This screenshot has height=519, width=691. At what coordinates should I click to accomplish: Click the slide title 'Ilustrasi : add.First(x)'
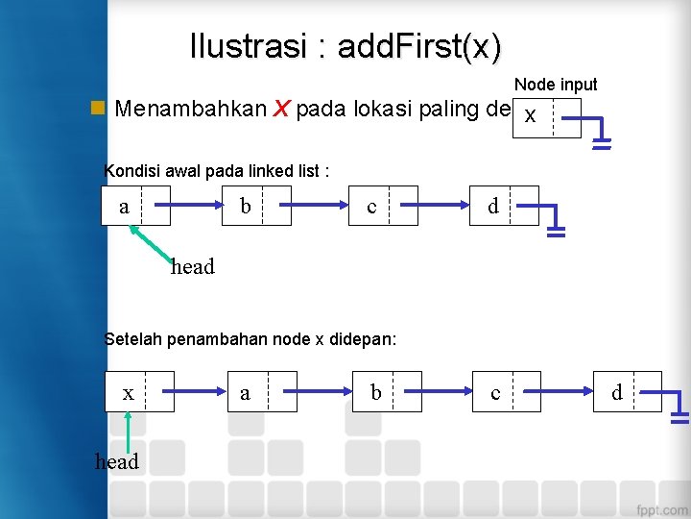[x=345, y=45]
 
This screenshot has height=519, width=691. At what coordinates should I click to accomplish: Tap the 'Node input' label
[x=556, y=85]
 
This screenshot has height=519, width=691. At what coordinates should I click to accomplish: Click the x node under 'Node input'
[x=546, y=117]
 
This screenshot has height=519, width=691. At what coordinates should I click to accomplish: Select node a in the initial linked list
[x=136, y=206]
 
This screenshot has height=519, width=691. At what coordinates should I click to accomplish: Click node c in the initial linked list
[x=383, y=206]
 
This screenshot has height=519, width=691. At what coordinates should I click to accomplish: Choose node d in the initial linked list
[x=504, y=206]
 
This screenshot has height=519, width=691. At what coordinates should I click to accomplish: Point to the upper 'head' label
[x=192, y=267]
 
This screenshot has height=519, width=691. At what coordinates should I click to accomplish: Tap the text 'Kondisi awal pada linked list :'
[x=216, y=171]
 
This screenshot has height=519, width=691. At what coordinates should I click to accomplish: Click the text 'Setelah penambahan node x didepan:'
[x=250, y=338]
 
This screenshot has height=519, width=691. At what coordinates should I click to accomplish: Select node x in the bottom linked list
[x=139, y=391]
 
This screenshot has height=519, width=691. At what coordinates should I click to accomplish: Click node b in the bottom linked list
[x=387, y=391]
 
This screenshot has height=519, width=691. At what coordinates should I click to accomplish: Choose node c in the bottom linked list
[x=506, y=391]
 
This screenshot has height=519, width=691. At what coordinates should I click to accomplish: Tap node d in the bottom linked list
[x=628, y=391]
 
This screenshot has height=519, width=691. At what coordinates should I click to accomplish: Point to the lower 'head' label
[x=117, y=461]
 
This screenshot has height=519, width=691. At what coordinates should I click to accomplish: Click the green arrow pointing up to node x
[x=128, y=432]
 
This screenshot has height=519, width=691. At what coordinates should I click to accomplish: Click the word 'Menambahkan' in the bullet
[x=190, y=109]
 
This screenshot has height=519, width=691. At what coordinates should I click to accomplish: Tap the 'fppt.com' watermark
[x=660, y=508]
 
